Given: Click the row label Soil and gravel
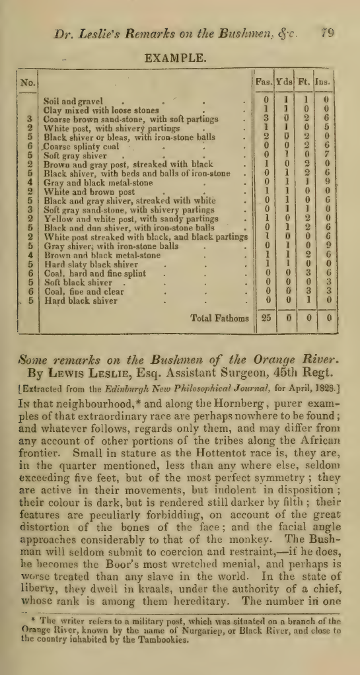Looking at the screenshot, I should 73,102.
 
